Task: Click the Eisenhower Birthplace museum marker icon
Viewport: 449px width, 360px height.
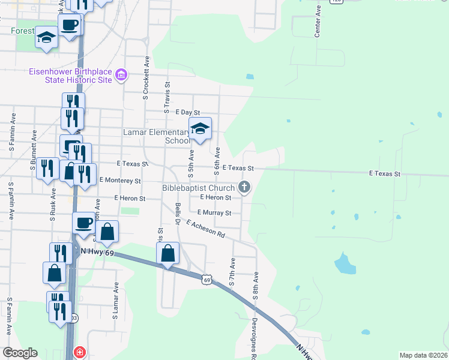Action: (x=121, y=75)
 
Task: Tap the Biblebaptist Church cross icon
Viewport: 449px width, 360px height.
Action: (x=244, y=187)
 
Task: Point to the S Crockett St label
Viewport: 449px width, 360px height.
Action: (x=146, y=78)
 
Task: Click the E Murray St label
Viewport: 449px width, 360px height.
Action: (x=214, y=212)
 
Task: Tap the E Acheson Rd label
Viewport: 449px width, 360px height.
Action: (x=205, y=229)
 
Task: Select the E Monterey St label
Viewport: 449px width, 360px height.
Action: (x=120, y=180)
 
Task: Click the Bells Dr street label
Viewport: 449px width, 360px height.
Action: (x=178, y=213)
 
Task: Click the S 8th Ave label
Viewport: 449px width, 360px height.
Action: (x=255, y=286)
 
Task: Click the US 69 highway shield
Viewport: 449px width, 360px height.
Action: (x=206, y=280)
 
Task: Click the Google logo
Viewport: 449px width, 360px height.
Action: (x=20, y=353)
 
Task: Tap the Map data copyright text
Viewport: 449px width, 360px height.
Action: (x=423, y=355)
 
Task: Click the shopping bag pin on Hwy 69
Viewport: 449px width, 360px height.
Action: (x=169, y=254)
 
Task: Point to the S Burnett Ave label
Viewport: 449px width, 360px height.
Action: (x=34, y=157)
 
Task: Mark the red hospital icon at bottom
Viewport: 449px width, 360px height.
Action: (x=79, y=352)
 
